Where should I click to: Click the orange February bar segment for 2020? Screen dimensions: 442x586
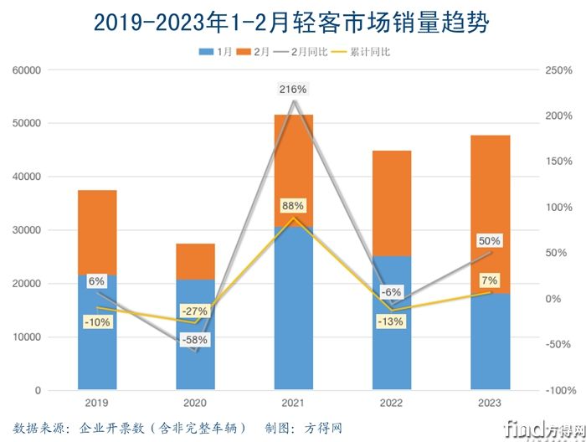coord(195,261)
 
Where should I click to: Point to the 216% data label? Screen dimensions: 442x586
coord(294,88)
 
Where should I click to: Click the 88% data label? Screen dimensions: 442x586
coord(294,205)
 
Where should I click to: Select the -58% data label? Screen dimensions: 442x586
coord(196,340)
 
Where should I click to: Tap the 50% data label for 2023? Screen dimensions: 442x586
coord(490,241)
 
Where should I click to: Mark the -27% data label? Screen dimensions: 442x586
coord(196,311)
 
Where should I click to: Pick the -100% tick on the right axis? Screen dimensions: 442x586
coord(560,391)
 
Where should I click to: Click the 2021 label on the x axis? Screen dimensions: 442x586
coord(293,403)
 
